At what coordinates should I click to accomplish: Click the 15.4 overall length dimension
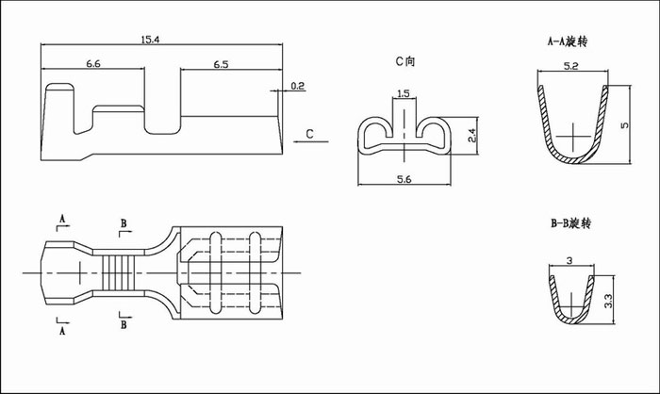(150, 40)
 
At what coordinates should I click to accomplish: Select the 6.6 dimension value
(93, 64)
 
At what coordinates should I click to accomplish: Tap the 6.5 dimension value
(221, 64)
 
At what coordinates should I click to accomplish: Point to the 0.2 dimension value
(298, 86)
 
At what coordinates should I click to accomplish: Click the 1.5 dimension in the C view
(404, 93)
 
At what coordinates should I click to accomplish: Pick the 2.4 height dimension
(471, 135)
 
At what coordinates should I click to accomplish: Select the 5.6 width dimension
(404, 179)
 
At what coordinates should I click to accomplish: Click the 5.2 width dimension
(570, 66)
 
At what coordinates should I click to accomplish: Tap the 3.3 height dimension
(608, 301)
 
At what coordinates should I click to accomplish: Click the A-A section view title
(568, 41)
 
